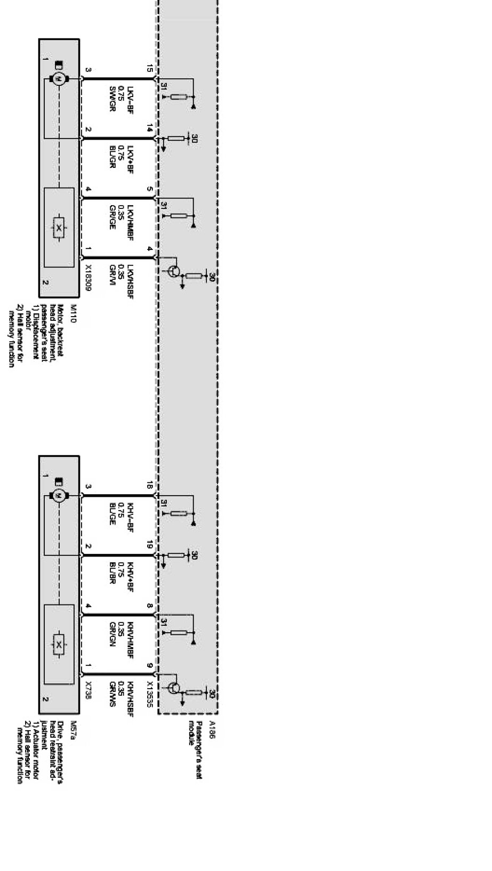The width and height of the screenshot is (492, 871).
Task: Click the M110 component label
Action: click(x=73, y=313)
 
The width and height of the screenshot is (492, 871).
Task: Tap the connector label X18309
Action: click(x=88, y=278)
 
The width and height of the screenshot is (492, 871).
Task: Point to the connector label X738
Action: click(x=88, y=689)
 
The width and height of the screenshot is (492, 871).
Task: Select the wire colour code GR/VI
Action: click(x=112, y=272)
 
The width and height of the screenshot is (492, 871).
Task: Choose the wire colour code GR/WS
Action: click(x=112, y=691)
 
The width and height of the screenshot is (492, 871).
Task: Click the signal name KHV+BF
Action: click(x=130, y=576)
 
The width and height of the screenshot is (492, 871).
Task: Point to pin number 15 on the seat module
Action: click(x=150, y=69)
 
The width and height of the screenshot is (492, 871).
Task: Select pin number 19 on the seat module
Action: click(x=150, y=545)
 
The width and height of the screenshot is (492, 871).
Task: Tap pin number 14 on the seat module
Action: click(x=150, y=128)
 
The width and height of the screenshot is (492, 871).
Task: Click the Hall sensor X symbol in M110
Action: click(x=59, y=228)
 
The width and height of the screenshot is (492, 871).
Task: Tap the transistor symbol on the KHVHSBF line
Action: click(x=173, y=688)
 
